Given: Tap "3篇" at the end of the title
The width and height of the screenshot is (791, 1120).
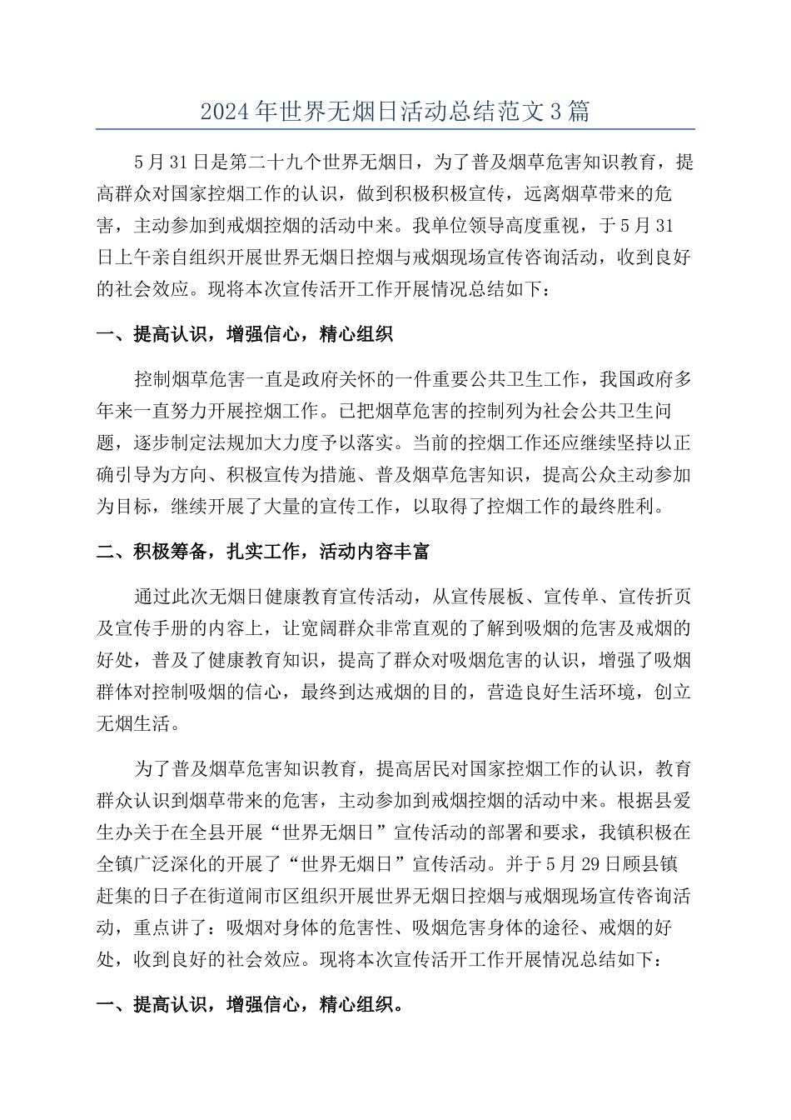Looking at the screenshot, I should click(571, 112).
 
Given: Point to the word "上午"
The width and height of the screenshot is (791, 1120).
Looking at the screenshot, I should click(134, 257).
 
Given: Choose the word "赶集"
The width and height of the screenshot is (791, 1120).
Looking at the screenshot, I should click(116, 894).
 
